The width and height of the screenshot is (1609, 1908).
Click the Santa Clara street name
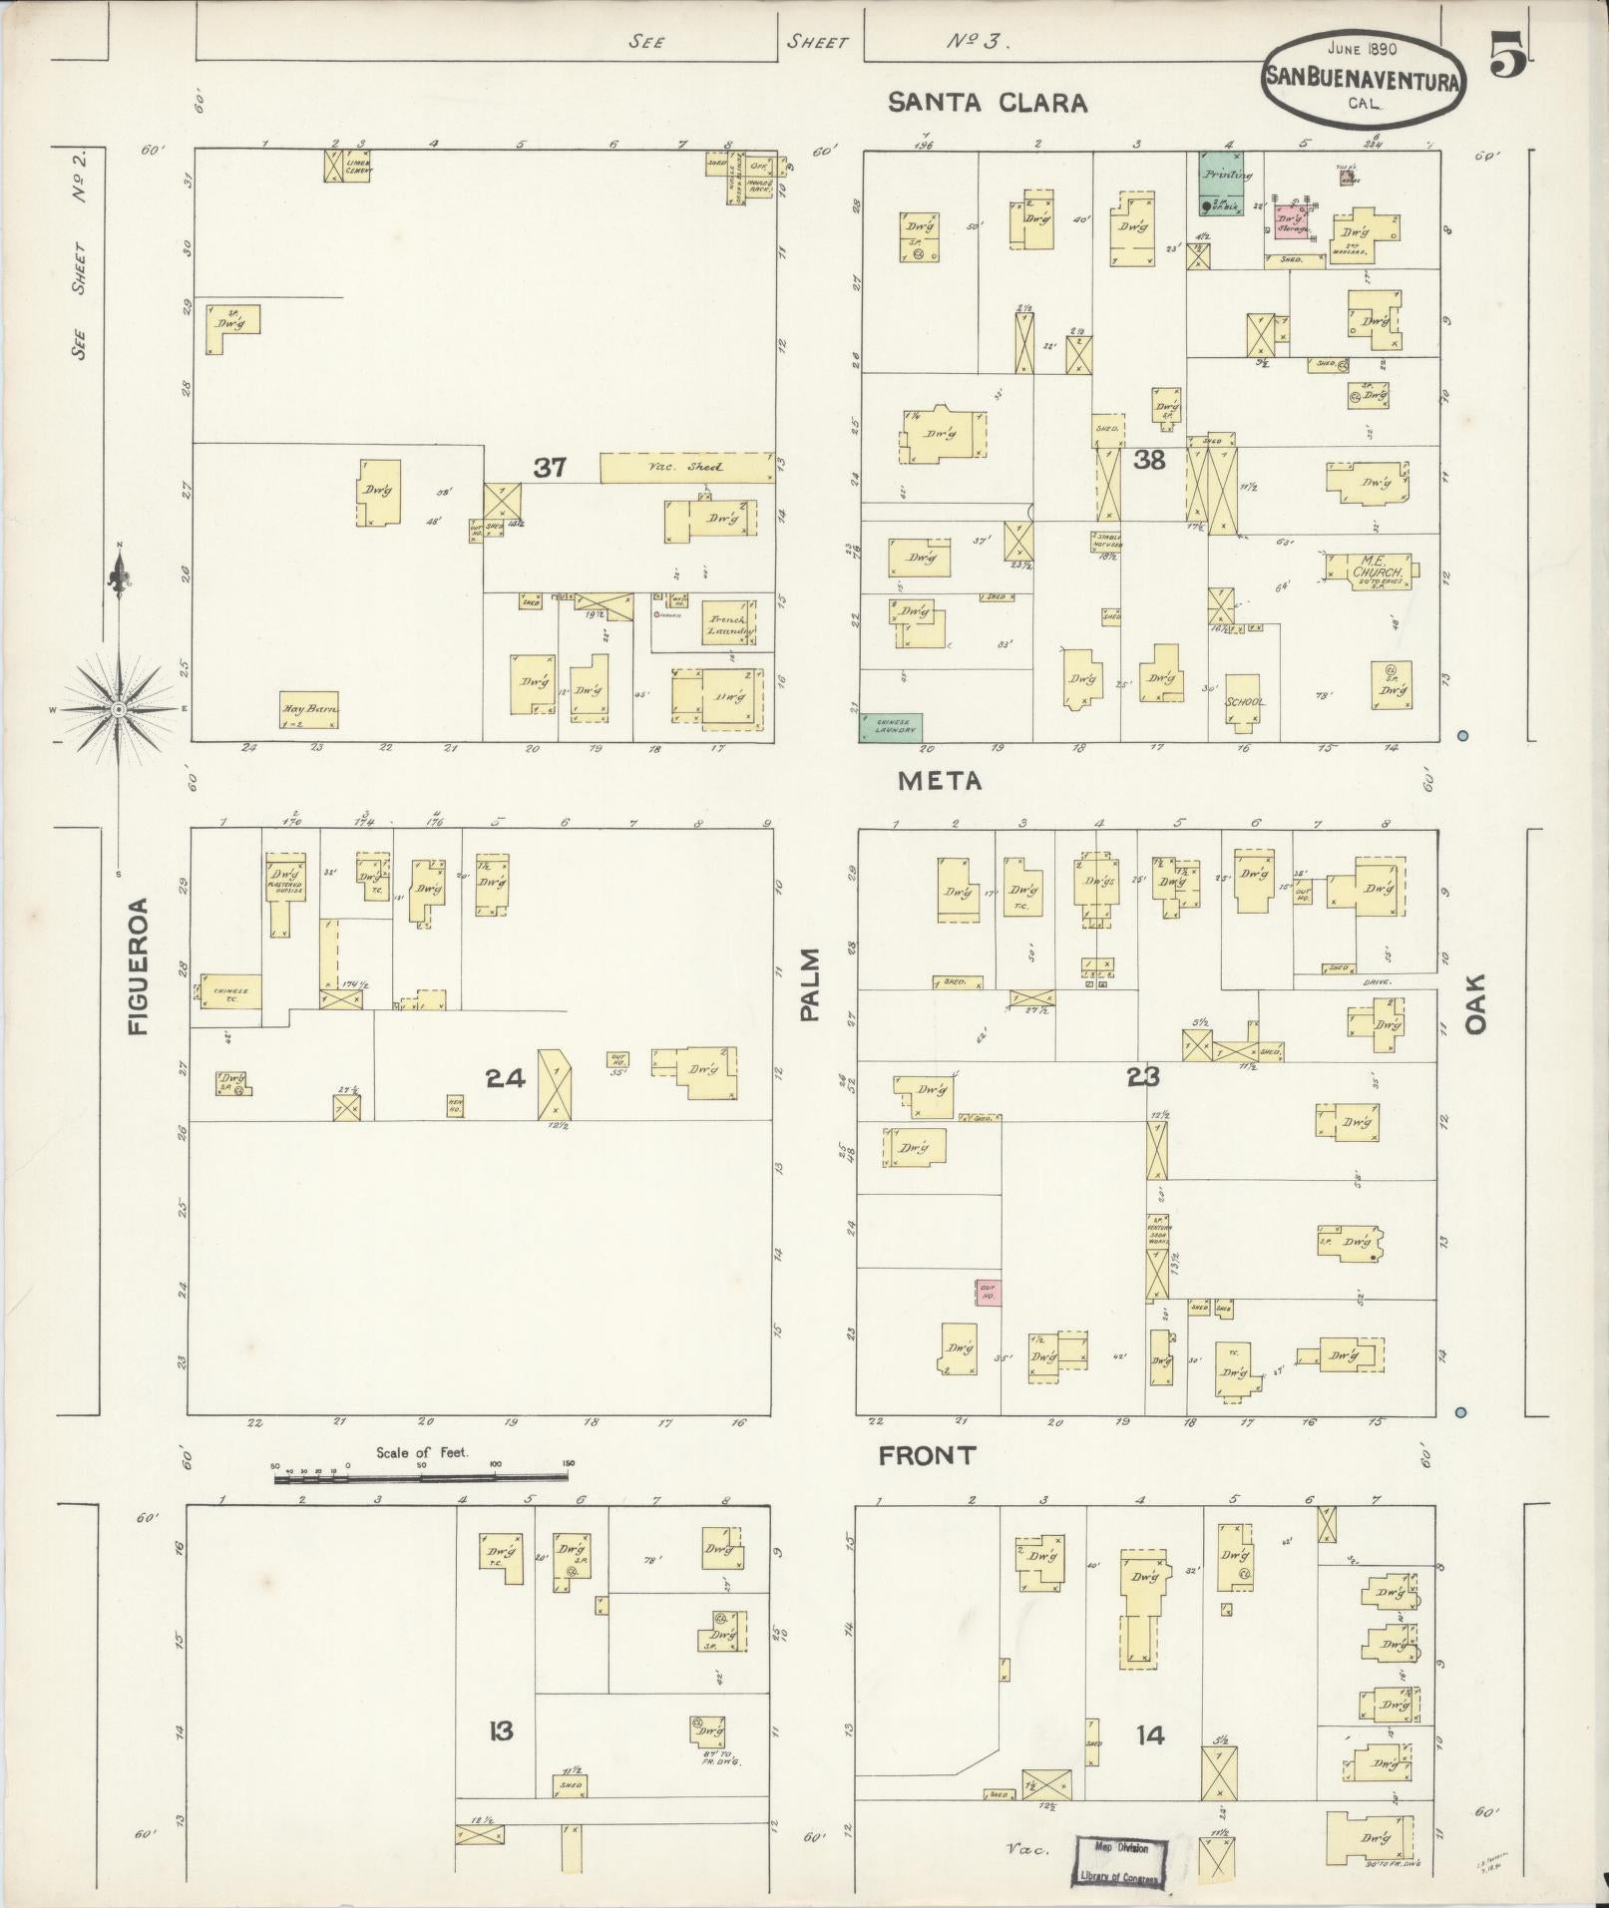[x=988, y=103]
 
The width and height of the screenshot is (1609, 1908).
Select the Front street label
[x=927, y=1456]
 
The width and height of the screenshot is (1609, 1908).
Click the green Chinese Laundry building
[x=891, y=728]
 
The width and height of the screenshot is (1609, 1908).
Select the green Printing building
[x=1227, y=183]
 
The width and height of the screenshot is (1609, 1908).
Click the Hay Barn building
[x=308, y=709]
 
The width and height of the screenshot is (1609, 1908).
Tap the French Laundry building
[x=728, y=624]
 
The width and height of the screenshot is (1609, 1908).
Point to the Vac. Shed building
[x=686, y=468]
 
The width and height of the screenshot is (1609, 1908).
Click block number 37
[x=550, y=467]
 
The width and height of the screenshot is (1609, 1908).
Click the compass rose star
[x=118, y=709]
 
